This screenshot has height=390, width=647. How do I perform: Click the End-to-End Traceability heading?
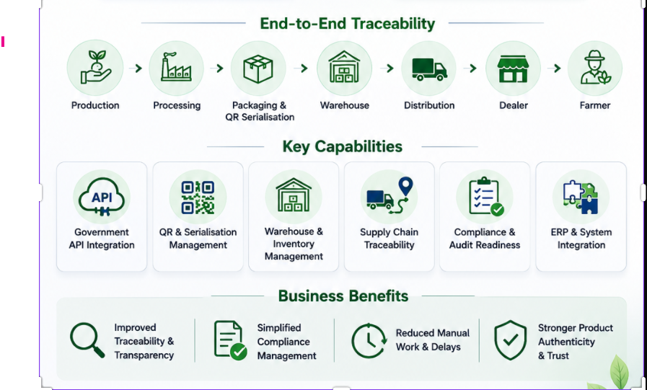pos(348,24)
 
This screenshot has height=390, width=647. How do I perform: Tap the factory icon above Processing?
pos(176,67)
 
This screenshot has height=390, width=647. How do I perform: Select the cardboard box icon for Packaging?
pos(258,69)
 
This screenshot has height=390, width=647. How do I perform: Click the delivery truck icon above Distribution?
pos(429,69)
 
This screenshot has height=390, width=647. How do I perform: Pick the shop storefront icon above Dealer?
pos(513,69)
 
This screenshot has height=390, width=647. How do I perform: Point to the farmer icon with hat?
pos(595,67)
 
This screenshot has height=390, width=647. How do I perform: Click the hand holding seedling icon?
pos(96,67)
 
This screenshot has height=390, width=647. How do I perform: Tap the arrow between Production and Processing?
pos(136,68)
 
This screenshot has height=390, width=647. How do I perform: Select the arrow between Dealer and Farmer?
pos(554,68)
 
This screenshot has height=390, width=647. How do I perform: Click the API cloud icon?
pos(102,197)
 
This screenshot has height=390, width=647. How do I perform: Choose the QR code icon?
pos(198,197)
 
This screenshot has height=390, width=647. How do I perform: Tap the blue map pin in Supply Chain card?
pos(406,187)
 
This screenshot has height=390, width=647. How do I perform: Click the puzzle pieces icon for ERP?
pos(581,197)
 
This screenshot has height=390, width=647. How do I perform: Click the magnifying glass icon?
pos(87,340)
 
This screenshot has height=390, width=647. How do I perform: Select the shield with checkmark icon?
pos(511,340)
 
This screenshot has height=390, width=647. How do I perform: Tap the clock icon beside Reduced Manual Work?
pos(369,341)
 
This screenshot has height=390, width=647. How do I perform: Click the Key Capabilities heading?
pos(343,146)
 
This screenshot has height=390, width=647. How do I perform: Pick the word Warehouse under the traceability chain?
pos(345,105)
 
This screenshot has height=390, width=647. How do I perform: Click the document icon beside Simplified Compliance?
pos(230,340)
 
